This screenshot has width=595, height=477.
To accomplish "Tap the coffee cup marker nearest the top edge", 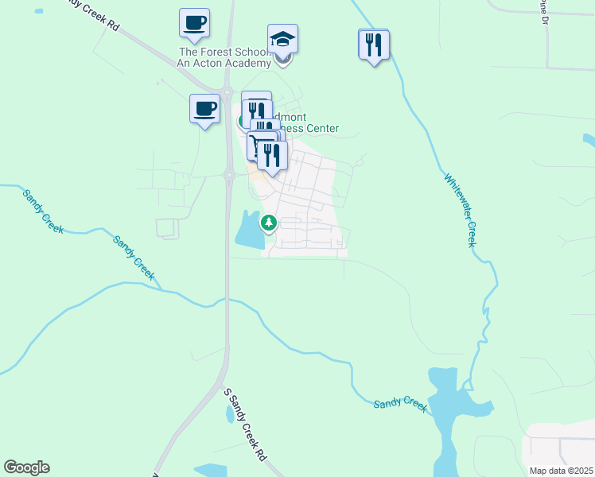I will [x=194, y=23].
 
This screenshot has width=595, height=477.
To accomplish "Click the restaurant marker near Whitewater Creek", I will [x=373, y=44].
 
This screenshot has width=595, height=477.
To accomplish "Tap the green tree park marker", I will [x=269, y=223].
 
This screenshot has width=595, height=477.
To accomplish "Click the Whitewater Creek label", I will [x=459, y=210].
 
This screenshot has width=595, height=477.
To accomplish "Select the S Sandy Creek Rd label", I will [x=244, y=425].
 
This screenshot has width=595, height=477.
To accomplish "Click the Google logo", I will [x=26, y=467].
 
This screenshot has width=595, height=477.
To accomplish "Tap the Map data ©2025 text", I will [x=561, y=471].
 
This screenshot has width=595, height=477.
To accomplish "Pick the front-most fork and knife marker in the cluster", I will [x=272, y=156].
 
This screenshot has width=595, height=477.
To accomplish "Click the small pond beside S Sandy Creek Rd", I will [x=230, y=414].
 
